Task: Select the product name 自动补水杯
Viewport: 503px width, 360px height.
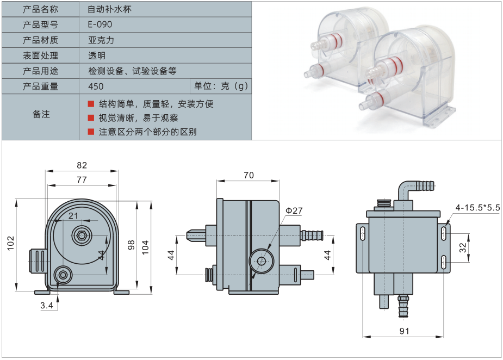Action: coord(109,9)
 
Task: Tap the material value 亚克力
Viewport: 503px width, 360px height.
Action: coord(101,40)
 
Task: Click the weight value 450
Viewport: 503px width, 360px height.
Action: coord(96,86)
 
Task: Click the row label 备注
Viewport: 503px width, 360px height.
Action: coord(41,114)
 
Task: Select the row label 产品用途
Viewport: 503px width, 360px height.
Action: coord(41,71)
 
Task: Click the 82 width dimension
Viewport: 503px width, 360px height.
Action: coord(82,165)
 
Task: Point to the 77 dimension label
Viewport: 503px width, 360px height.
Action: coord(82,179)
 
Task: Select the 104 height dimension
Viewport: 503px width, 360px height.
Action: coord(145,245)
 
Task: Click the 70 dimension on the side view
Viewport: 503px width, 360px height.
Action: coord(248,175)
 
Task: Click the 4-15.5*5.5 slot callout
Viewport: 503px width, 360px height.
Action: coord(477,208)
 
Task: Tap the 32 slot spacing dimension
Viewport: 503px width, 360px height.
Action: coord(463,247)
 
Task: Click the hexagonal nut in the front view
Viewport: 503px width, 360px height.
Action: coord(81,235)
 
